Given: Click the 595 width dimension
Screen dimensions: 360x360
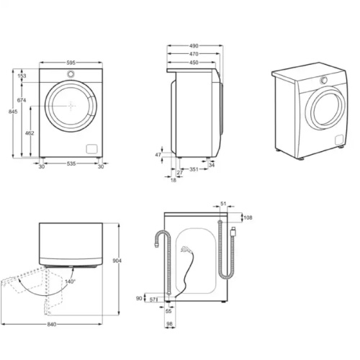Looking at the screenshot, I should pos(69,63).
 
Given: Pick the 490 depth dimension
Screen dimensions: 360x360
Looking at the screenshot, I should pos(194,45).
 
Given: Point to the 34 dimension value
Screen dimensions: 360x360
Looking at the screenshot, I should pos(212,165).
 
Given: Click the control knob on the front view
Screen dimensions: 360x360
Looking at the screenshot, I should pos(71,75).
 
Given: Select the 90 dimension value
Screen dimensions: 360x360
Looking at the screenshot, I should pos(139,297).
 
